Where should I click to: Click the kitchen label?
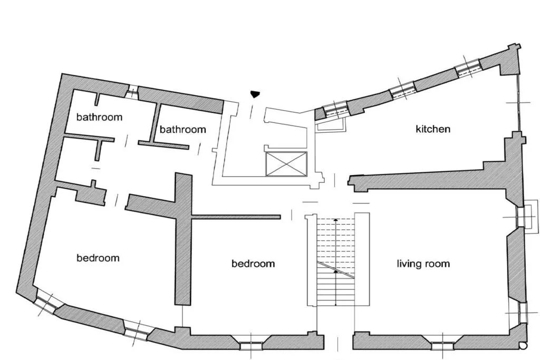(x=433, y=129)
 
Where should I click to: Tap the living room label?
(x=423, y=263)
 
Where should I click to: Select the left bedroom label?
(x=98, y=258)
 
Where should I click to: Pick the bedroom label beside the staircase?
(x=253, y=263)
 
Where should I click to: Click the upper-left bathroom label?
(x=99, y=117)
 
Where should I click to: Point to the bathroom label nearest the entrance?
(x=182, y=129)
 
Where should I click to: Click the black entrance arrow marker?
(x=255, y=94)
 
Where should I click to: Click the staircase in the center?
(x=337, y=261)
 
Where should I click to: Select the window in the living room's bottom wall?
(x=442, y=346)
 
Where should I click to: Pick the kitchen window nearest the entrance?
(x=335, y=110)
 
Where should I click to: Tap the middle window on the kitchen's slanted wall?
(x=402, y=91)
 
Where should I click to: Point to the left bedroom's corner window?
(x=47, y=302)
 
